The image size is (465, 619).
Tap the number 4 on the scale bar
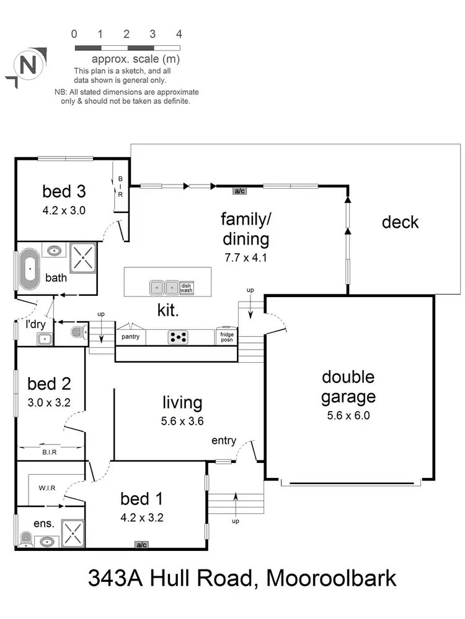pyautogui.click(x=179, y=34)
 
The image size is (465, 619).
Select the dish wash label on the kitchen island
pyautogui.click(x=187, y=288)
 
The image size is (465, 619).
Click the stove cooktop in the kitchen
pyautogui.click(x=178, y=337)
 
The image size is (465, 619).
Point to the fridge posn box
pyautogui.click(x=226, y=337)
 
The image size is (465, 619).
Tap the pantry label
pyautogui.click(x=130, y=337)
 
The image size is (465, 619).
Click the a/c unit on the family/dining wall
pyautogui.click(x=239, y=191)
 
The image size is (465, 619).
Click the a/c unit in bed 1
pyautogui.click(x=141, y=545)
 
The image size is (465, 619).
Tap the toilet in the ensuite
pyautogui.click(x=25, y=539)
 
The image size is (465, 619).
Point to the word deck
pyautogui.click(x=400, y=222)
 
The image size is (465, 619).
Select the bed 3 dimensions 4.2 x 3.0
pyautogui.click(x=64, y=210)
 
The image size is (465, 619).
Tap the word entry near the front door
pyautogui.click(x=224, y=440)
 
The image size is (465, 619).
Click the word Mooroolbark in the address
pyautogui.click(x=330, y=579)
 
